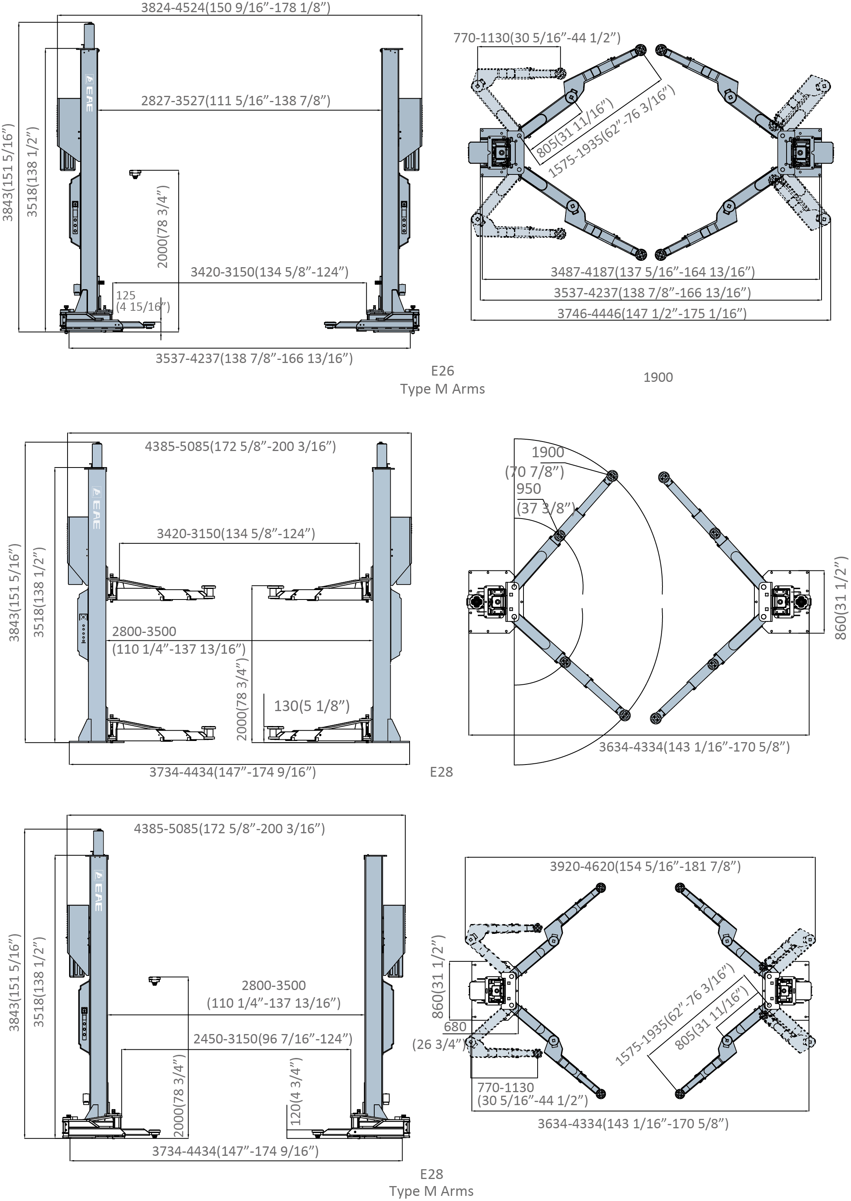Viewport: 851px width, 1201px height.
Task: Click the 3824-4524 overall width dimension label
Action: pyautogui.click(x=235, y=8)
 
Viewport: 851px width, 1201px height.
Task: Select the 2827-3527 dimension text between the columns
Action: pyautogui.click(x=235, y=101)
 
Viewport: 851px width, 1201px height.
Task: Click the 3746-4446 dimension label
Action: pyautogui.click(x=652, y=314)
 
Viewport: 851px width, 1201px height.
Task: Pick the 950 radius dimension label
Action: pyautogui.click(x=528, y=489)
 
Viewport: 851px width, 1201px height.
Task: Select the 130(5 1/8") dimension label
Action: pyautogui.click(x=311, y=706)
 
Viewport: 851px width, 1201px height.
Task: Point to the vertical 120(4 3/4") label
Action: pyautogui.click(x=296, y=1092)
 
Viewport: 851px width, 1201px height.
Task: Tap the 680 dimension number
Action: pyautogui.click(x=455, y=1027)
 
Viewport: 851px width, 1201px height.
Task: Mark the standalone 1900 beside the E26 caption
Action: pyautogui.click(x=658, y=378)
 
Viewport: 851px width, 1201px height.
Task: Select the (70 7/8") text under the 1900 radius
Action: pyautogui.click(x=534, y=472)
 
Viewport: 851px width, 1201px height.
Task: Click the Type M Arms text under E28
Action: pyautogui.click(x=431, y=1191)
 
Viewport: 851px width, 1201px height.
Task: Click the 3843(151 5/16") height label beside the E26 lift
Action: pyautogui.click(x=8, y=172)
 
